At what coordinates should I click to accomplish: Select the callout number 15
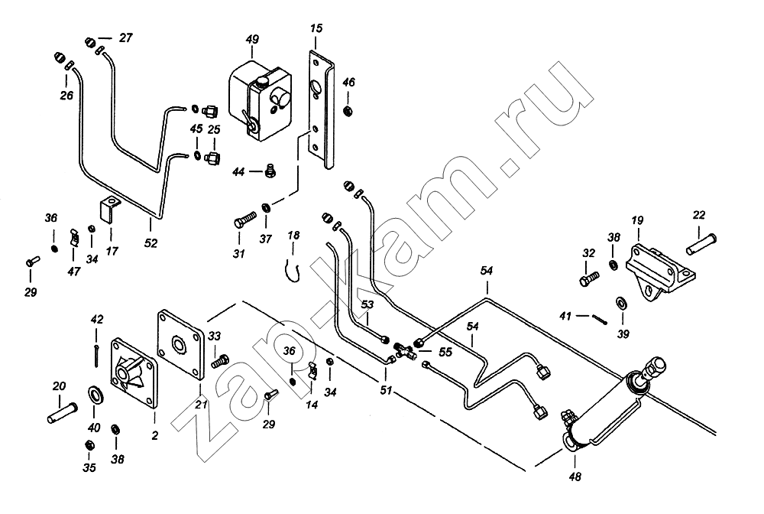tap(316, 29)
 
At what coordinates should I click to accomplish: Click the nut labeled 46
tap(348, 112)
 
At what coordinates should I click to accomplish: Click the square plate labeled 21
tap(181, 345)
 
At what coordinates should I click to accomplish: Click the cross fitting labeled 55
tap(404, 351)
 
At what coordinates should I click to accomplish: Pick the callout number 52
tap(151, 244)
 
